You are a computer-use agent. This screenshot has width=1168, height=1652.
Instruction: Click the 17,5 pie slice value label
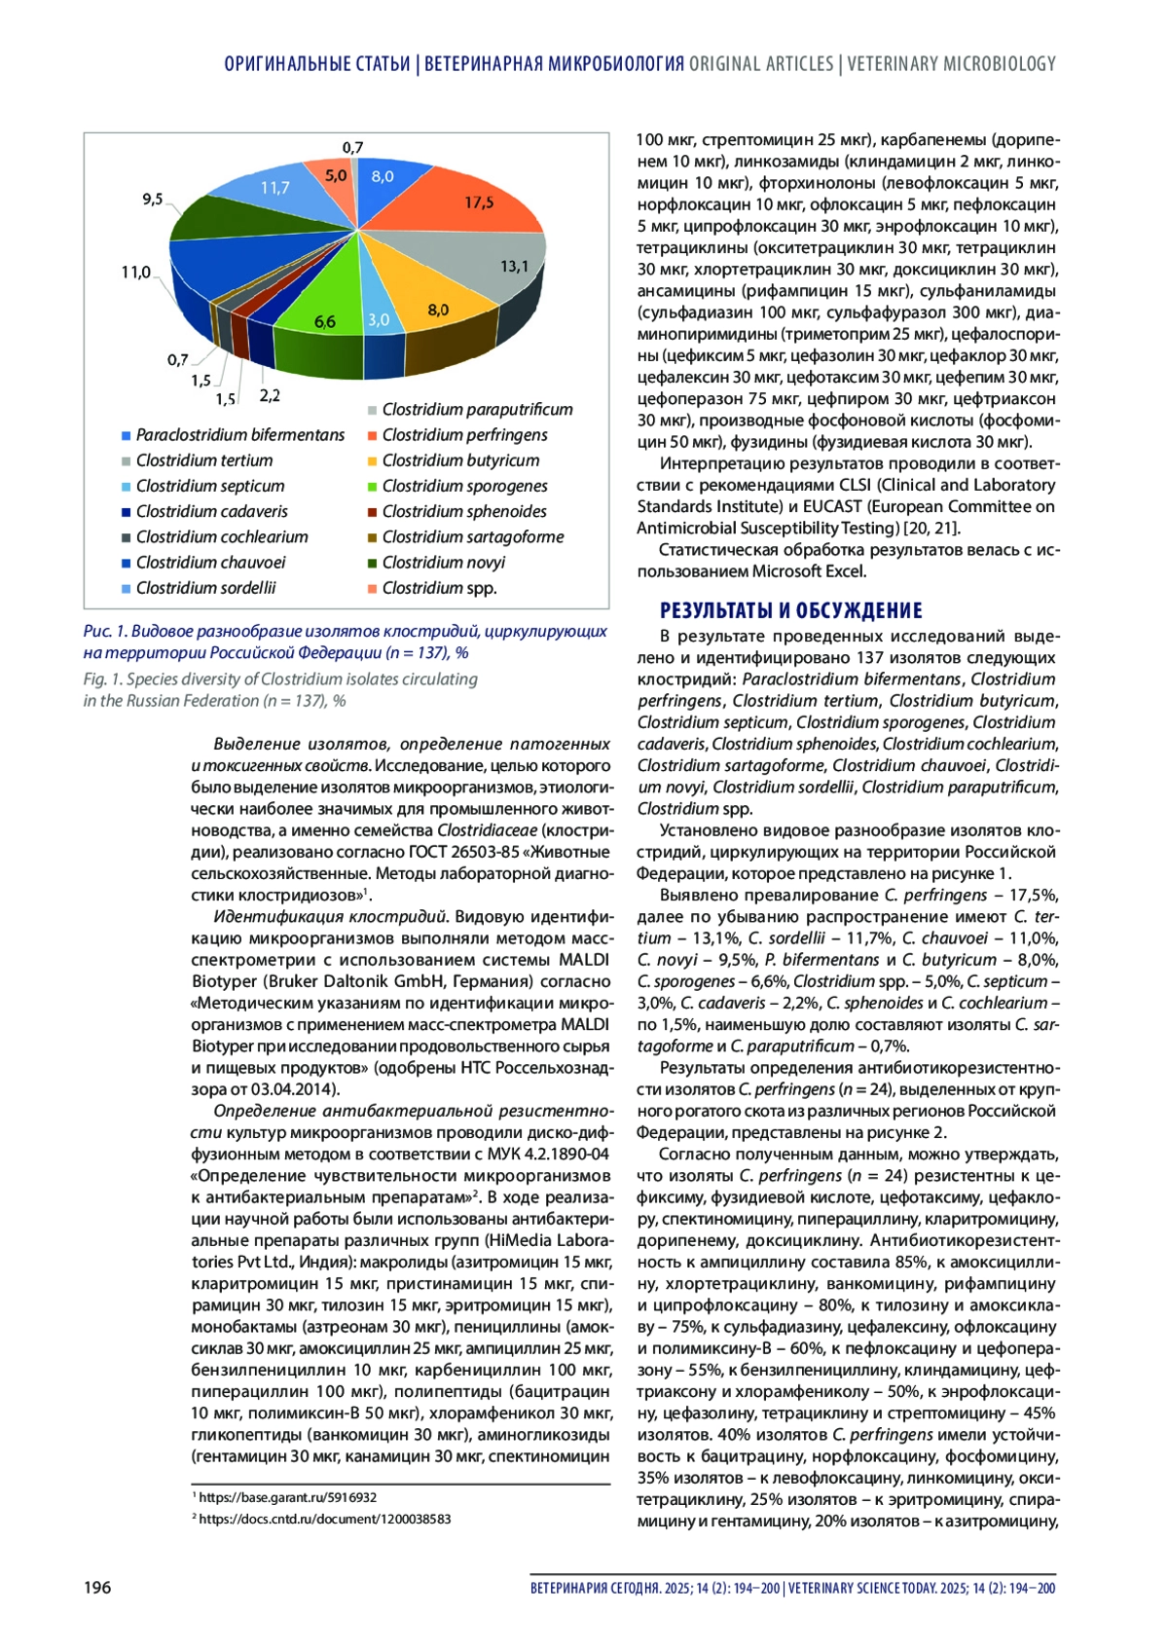coord(479,202)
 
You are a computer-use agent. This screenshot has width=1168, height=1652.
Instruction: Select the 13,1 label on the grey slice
coord(514,266)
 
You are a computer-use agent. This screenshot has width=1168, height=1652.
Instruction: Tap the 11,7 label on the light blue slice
coord(274,188)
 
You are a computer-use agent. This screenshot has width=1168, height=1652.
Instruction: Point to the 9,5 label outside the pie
coord(152,200)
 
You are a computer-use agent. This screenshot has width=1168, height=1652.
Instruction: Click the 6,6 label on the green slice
coord(325,321)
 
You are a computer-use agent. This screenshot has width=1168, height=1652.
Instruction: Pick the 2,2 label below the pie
coord(270,395)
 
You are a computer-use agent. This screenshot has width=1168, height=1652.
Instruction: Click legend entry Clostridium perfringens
coord(464,435)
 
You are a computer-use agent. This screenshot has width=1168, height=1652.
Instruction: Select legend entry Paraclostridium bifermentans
coord(239,435)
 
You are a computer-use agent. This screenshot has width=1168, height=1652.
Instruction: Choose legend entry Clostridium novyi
coord(443,563)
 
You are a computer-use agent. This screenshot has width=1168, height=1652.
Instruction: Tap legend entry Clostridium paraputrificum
coord(477,410)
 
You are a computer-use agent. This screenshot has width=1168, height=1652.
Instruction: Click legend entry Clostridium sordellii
coord(205,588)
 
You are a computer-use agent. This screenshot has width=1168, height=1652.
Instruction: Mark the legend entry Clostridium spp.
coord(439,588)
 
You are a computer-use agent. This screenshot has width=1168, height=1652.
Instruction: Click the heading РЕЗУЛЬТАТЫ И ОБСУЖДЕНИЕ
coord(790,610)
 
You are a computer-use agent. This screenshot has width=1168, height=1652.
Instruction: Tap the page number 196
coord(97,1587)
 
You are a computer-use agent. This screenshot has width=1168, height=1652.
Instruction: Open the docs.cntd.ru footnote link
coord(324,1519)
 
